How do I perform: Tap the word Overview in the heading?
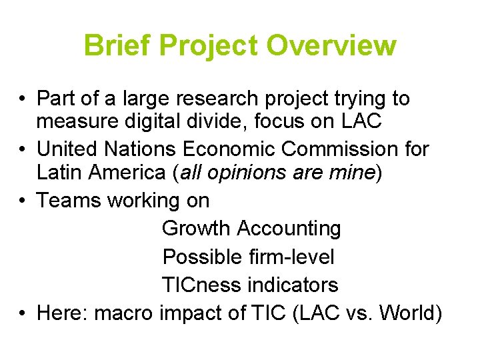click(x=331, y=46)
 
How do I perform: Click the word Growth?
click(x=197, y=228)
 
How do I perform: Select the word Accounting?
click(x=289, y=228)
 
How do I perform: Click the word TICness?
click(x=201, y=285)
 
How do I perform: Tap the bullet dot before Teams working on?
click(x=23, y=200)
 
